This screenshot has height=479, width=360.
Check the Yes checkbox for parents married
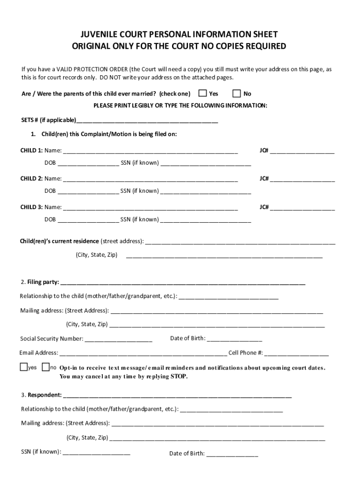click(x=203, y=93)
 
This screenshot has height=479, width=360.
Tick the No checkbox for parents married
click(x=237, y=93)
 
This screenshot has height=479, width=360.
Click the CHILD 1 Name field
click(x=150, y=152)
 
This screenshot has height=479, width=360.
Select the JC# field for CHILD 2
click(x=302, y=179)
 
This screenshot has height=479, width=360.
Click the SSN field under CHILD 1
click(x=206, y=164)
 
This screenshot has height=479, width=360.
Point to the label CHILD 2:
click(x=31, y=179)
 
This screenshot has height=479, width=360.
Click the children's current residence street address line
click(x=241, y=242)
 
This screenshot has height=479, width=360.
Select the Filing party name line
click(x=183, y=283)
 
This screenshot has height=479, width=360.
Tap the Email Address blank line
click(x=143, y=354)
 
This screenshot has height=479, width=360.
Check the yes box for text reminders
click(x=23, y=367)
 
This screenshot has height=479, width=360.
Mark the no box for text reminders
click(x=46, y=367)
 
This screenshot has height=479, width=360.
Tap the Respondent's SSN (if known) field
click(x=96, y=453)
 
